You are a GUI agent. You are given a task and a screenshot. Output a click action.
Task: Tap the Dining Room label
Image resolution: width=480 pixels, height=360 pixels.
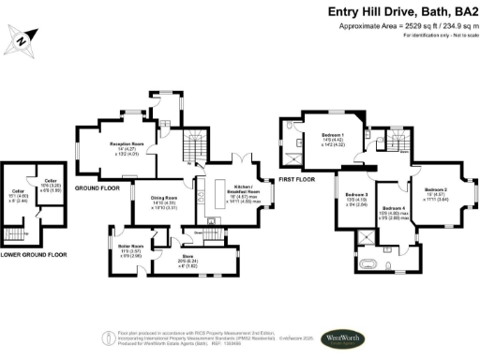[x=165, y=200]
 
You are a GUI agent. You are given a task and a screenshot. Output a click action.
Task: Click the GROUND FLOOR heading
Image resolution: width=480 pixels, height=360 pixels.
[x=95, y=187]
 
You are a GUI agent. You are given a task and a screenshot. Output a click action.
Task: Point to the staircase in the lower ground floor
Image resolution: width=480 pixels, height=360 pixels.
[x=16, y=233]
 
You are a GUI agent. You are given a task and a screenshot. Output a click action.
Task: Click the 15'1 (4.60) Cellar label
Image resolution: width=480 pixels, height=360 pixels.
[x=17, y=195]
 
